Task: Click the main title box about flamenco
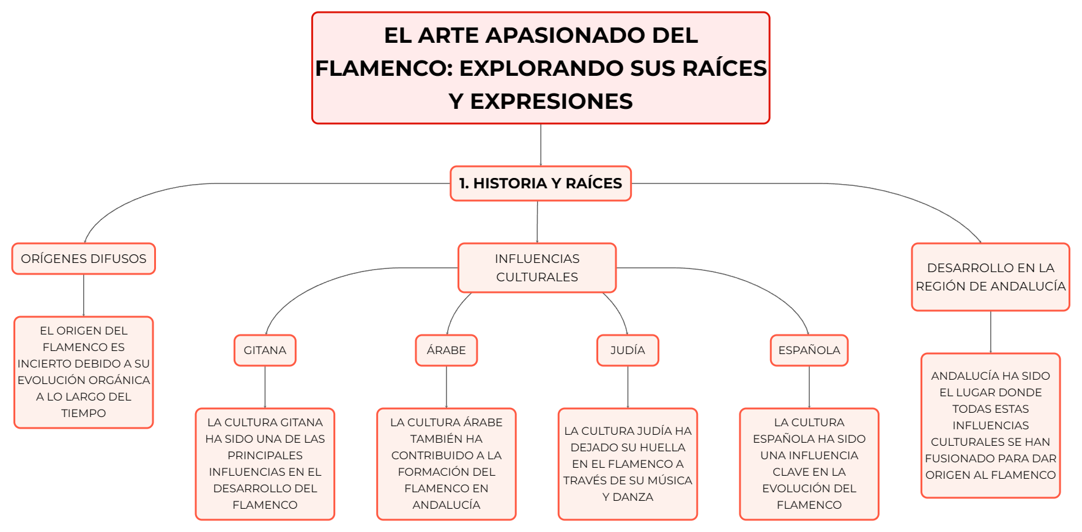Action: point(541,68)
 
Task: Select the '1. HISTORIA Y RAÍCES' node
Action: point(541,183)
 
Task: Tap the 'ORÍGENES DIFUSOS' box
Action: point(84,259)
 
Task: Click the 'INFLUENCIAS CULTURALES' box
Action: point(537,268)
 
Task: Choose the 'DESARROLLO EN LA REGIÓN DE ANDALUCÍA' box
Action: point(991,277)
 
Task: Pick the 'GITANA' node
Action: point(265,350)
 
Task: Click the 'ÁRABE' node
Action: point(447,350)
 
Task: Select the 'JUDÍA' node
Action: point(628,350)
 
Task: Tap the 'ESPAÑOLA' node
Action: point(809,350)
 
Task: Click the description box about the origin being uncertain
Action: point(84,372)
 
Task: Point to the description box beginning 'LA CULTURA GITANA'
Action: point(265,464)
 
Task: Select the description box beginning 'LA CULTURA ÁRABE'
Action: point(447,464)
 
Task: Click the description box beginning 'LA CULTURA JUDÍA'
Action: point(628,464)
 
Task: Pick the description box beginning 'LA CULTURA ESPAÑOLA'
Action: point(809,464)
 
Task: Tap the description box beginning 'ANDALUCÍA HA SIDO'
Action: point(991,426)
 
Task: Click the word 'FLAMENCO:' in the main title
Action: point(384,68)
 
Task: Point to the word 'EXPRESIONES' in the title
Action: point(552,101)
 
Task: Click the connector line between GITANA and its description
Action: point(265,387)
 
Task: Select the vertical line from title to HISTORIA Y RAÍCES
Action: point(541,145)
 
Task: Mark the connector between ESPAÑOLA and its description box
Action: point(809,387)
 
